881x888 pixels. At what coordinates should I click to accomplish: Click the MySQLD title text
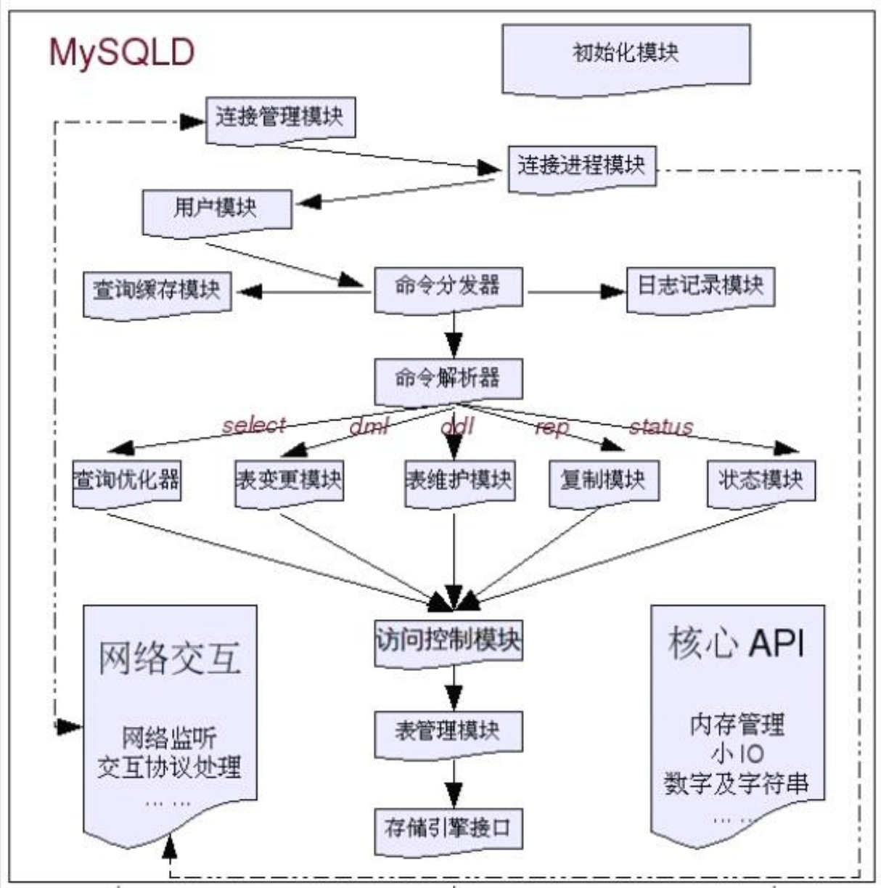[x=121, y=53]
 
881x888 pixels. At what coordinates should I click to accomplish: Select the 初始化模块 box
[x=626, y=54]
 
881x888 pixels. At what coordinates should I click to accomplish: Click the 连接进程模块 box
[x=581, y=166]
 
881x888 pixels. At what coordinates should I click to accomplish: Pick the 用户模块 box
[x=216, y=210]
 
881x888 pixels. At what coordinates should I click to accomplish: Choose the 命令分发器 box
[x=448, y=286]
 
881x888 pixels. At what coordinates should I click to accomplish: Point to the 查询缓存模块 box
[x=157, y=291]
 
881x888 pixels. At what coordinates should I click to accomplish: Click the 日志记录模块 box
[x=700, y=286]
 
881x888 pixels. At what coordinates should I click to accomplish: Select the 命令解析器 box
[x=448, y=379]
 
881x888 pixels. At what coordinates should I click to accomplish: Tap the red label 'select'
[x=254, y=425]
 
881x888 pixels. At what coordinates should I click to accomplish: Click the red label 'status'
[x=660, y=426]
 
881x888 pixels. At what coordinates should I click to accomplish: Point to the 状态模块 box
[x=761, y=480]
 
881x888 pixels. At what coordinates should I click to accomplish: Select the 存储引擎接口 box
[x=448, y=828]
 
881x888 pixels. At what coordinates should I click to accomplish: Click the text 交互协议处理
[x=170, y=767]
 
